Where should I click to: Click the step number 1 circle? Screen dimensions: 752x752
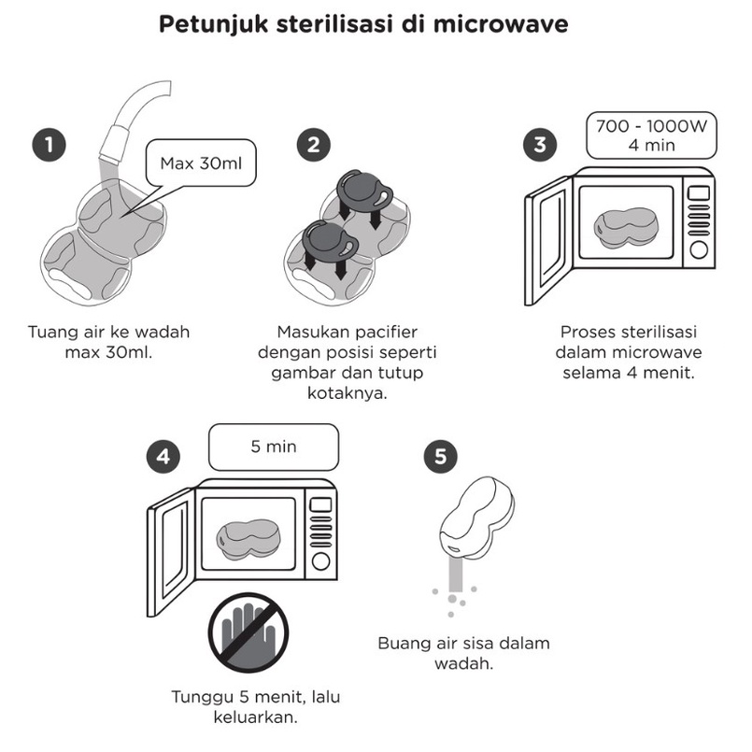[x=49, y=146]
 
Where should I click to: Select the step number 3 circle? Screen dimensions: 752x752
[x=540, y=145]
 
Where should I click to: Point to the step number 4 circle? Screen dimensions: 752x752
[x=163, y=458]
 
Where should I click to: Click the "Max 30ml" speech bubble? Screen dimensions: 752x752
[x=201, y=165]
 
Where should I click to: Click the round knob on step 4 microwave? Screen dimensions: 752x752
[x=320, y=560]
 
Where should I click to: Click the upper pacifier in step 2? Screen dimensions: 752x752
[x=365, y=192]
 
